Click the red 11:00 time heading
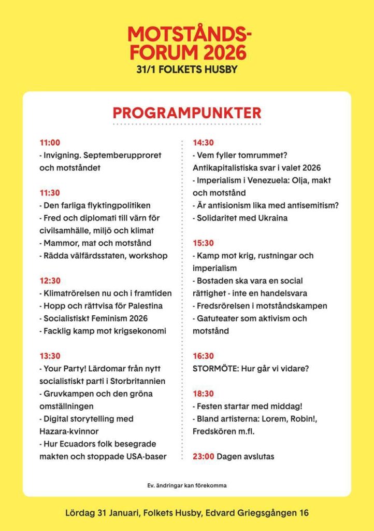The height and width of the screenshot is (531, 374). (50, 143)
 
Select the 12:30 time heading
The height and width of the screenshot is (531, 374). (50, 281)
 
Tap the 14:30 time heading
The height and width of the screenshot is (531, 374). (204, 143)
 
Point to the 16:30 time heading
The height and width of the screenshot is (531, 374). (204, 356)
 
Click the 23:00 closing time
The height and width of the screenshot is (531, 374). (203, 456)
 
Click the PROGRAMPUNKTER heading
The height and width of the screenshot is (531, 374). (187, 113)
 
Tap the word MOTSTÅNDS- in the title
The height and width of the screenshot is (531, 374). (189, 35)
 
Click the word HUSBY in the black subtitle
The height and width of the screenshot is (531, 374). (219, 69)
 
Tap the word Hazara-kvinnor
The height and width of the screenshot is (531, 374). (70, 431)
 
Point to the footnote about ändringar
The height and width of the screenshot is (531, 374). (187, 486)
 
